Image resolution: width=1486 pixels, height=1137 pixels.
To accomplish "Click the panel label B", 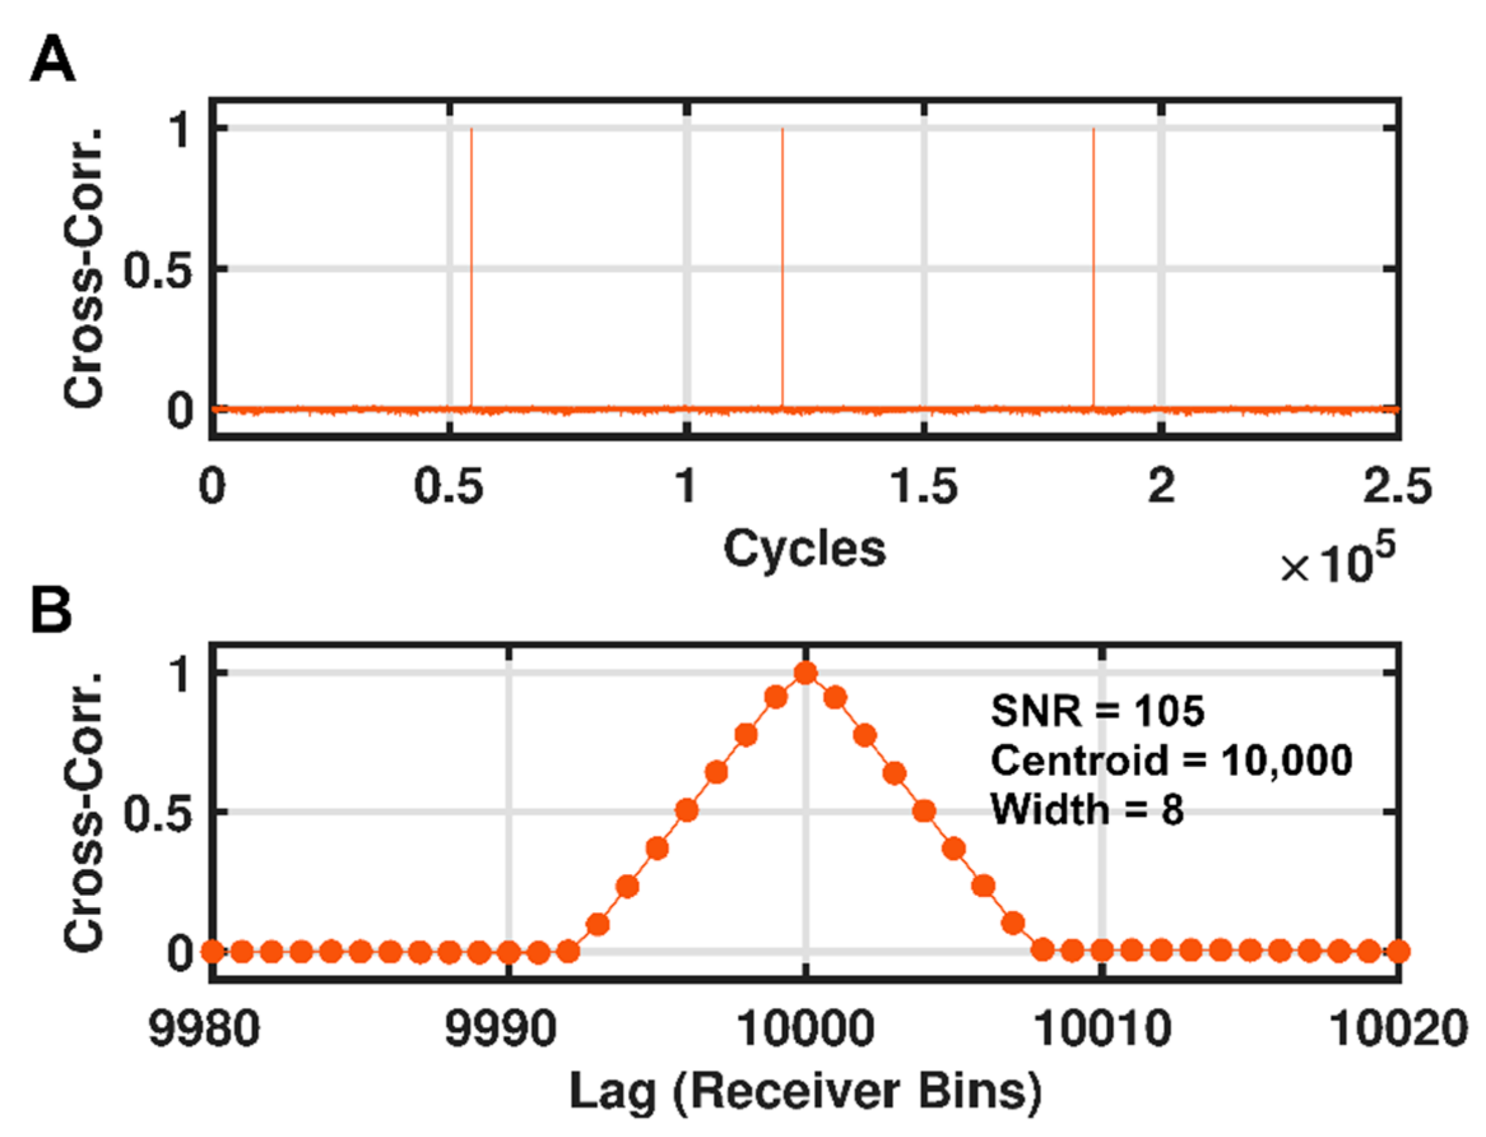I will click(51, 611).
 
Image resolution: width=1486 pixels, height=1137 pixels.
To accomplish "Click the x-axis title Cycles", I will click(804, 548).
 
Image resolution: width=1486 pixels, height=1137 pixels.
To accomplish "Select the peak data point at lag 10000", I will click(805, 673).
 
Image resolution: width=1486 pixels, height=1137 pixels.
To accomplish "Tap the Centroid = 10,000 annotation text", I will click(1171, 760).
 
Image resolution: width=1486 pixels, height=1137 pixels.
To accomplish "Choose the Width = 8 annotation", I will click(1086, 809).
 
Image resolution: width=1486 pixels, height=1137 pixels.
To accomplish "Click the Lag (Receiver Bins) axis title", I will click(805, 1091).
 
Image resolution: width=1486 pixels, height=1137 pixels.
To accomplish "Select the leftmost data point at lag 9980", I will click(212, 952).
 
